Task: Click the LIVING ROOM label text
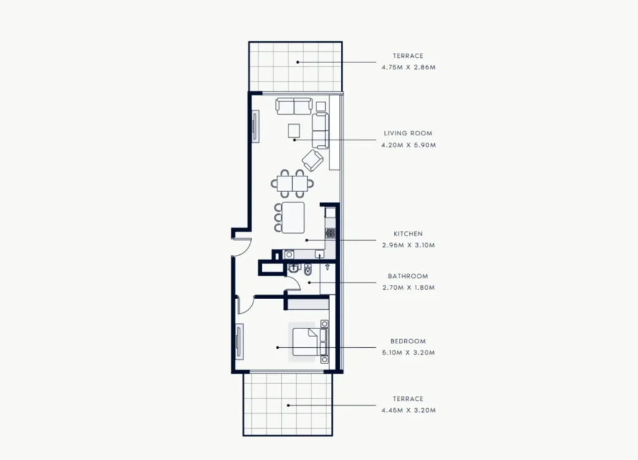click(407, 133)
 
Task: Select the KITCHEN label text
click(408, 234)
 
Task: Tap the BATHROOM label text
click(407, 276)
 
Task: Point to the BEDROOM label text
click(407, 341)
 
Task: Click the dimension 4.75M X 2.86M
click(409, 67)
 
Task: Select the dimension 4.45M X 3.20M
click(409, 410)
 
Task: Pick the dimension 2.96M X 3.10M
click(409, 245)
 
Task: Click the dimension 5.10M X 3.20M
click(409, 353)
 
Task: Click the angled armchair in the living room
click(313, 160)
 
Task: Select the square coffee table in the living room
click(294, 131)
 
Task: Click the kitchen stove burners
click(330, 233)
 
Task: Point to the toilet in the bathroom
click(308, 269)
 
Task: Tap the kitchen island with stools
click(290, 218)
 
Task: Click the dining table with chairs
click(292, 183)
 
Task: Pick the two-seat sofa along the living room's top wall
click(294, 106)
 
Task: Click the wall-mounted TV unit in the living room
click(255, 126)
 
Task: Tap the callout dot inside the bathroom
click(309, 282)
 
